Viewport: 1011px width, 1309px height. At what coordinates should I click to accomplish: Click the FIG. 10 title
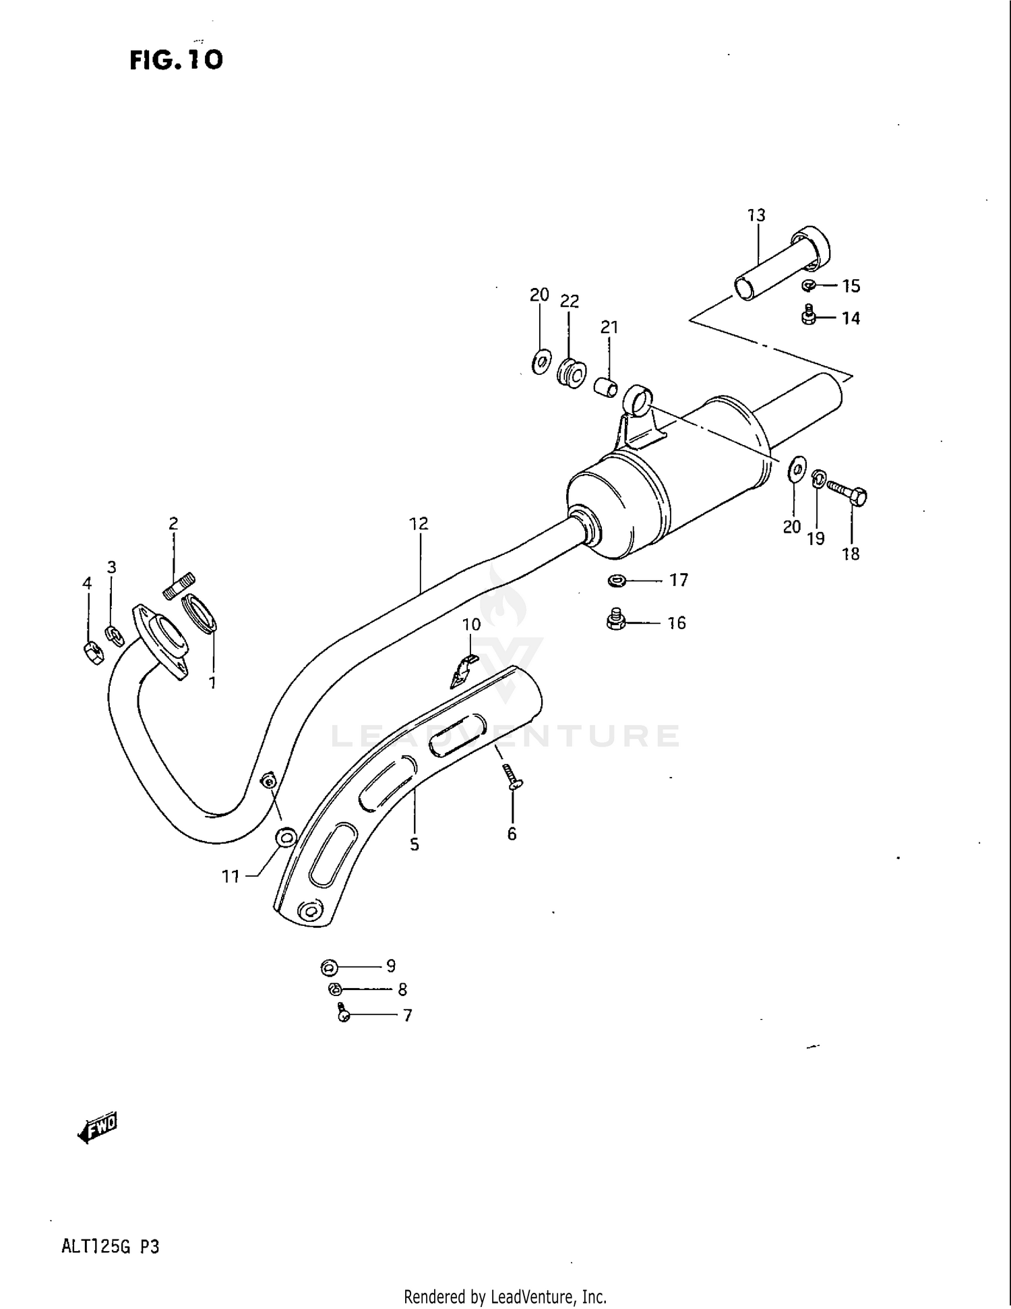[176, 60]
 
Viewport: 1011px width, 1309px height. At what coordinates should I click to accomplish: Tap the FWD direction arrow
[98, 1127]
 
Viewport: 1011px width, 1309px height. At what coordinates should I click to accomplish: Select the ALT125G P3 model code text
[110, 1246]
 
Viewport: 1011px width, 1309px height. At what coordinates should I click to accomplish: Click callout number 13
[756, 215]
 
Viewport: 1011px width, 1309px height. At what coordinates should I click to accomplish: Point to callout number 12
[419, 523]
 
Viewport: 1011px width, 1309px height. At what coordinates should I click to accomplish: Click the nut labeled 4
[92, 653]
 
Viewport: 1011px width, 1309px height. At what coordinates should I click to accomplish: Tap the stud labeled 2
[179, 585]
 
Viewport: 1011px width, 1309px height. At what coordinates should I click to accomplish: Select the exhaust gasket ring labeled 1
[200, 612]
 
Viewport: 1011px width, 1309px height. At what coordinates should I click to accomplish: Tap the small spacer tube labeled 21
[606, 388]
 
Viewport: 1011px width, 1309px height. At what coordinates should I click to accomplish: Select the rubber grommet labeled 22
[571, 374]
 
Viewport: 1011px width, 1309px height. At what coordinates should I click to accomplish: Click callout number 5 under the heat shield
[414, 844]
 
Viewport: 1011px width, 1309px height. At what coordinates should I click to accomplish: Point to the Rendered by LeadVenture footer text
[505, 1296]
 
